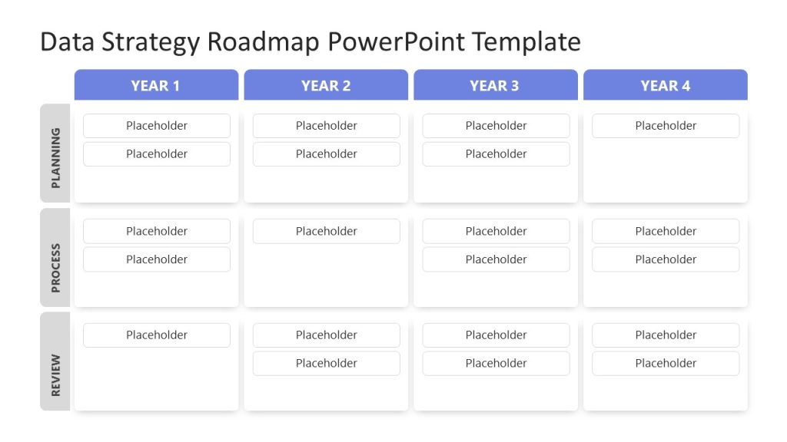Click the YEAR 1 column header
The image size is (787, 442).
click(x=156, y=85)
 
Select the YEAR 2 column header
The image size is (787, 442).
click(x=326, y=85)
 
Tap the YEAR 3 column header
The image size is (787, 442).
click(x=495, y=85)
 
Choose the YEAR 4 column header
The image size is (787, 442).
click(x=665, y=85)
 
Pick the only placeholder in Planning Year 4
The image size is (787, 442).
click(x=666, y=126)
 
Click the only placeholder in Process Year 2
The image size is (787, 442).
click(x=327, y=231)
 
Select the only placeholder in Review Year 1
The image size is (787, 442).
click(x=157, y=335)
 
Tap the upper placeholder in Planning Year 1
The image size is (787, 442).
click(x=157, y=126)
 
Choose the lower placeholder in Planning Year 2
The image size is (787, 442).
click(x=327, y=154)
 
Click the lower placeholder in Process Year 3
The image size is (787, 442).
click(x=496, y=259)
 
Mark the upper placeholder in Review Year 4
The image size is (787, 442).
click(x=666, y=335)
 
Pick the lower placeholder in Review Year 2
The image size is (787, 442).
click(x=327, y=364)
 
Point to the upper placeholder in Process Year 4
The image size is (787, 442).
click(x=666, y=231)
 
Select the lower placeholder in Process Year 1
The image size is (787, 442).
click(x=157, y=259)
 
